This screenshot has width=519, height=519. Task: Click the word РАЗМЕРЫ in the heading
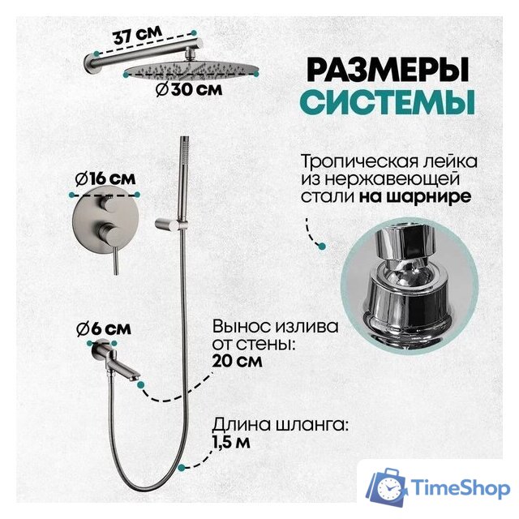pos(382,71)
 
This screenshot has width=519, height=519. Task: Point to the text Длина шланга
pos(264,422)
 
